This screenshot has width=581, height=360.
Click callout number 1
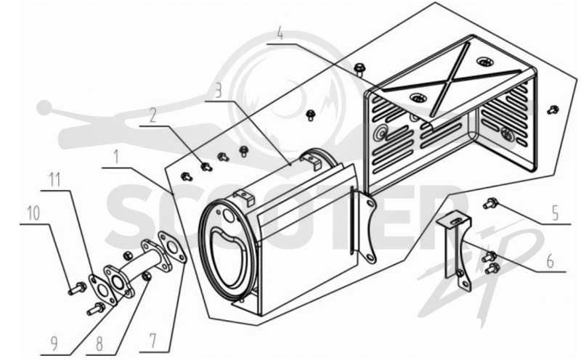[x=117, y=157]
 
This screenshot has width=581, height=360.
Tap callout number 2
[x=153, y=115]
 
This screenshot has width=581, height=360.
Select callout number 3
[x=219, y=91]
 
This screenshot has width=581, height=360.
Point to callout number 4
[x=280, y=33]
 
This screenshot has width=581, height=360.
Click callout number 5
[x=555, y=213]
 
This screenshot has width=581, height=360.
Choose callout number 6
[x=550, y=261]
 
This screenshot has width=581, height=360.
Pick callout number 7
[x=153, y=340]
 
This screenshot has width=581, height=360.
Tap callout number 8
[x=99, y=344]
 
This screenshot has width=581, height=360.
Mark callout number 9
[x=54, y=344]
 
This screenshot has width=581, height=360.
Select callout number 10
[x=33, y=213]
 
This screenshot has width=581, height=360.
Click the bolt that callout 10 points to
[x=77, y=288]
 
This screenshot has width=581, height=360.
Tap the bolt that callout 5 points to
[x=490, y=203]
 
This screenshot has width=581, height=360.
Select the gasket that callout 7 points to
[x=172, y=247]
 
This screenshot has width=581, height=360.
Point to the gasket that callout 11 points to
[x=102, y=290]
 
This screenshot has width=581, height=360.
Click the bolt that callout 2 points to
[x=206, y=167]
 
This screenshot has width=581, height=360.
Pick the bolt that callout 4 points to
[x=359, y=69]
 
